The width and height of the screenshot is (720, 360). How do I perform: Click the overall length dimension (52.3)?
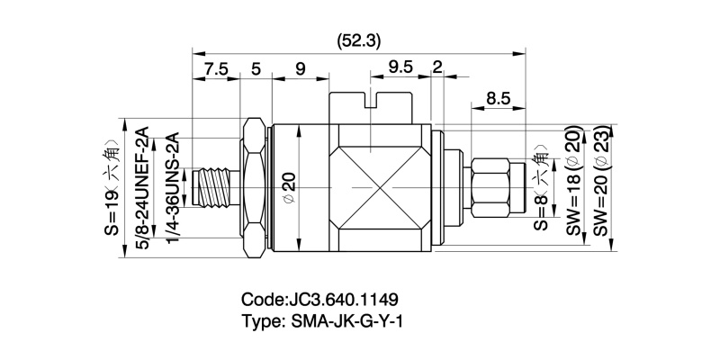click(358, 40)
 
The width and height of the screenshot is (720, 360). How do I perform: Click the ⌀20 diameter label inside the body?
click(289, 184)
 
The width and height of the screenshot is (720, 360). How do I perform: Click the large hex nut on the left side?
click(255, 189)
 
